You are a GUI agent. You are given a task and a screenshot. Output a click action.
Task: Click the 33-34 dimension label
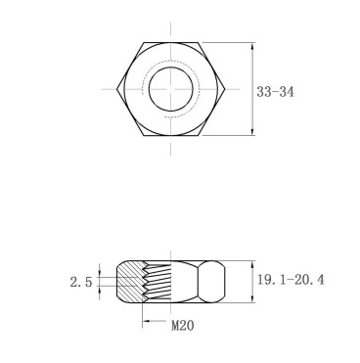tap(275, 92)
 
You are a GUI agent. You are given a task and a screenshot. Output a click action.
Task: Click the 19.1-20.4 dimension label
tap(291, 280)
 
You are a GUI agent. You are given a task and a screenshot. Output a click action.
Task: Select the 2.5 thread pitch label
tap(81, 282)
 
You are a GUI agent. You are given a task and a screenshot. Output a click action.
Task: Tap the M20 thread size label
tap(183, 325)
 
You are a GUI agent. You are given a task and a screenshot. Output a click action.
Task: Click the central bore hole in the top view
tap(171, 89)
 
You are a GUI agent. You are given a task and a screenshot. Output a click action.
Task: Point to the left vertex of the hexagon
tap(116, 89)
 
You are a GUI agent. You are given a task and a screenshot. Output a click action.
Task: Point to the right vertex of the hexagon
tap(225, 89)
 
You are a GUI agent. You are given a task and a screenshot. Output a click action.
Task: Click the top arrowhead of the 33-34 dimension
tap(252, 46)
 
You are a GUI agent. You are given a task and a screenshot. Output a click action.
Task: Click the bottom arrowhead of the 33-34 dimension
tap(252, 131)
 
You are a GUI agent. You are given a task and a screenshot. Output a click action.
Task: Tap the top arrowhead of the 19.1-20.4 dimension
tap(252, 264)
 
